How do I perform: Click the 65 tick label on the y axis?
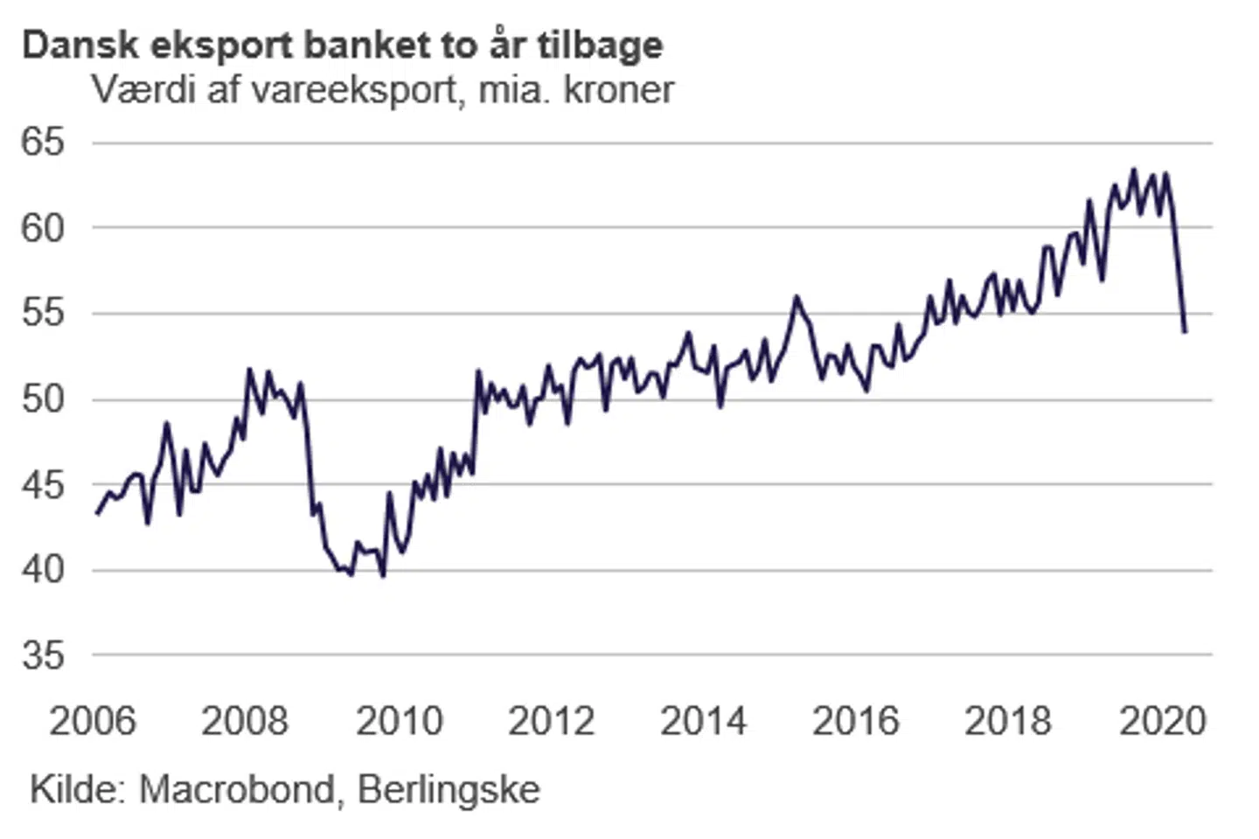click(x=44, y=142)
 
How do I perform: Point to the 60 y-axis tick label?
click(x=44, y=227)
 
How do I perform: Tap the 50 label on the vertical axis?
click(x=44, y=399)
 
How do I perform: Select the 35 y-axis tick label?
click(x=44, y=655)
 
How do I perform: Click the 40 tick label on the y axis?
click(x=44, y=570)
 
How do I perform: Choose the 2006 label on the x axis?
click(x=93, y=722)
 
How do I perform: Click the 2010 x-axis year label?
click(x=400, y=722)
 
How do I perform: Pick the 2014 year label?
click(x=704, y=722)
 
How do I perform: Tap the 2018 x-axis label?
click(x=1008, y=722)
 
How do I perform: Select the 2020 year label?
click(x=1163, y=722)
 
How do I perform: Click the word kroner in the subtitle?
click(x=619, y=90)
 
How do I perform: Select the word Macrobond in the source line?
click(x=237, y=789)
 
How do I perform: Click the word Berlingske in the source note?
click(x=449, y=789)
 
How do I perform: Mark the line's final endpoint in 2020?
click(x=1185, y=331)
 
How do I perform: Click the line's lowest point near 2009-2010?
click(x=383, y=576)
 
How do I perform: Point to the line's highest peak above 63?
click(x=1134, y=170)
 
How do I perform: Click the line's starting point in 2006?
click(x=97, y=514)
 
